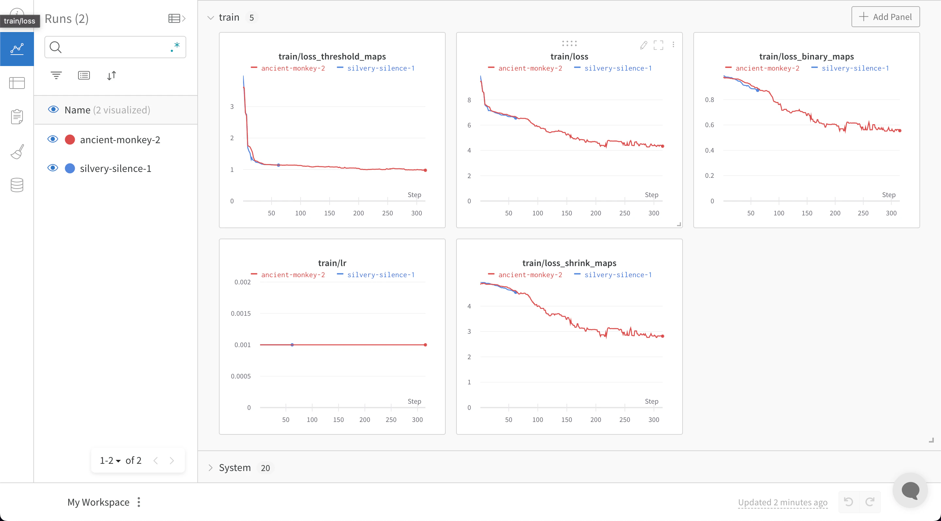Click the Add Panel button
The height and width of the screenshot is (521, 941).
[x=885, y=17]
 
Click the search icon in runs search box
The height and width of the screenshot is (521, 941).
[x=56, y=47]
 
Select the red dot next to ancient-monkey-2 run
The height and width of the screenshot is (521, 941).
[x=70, y=140]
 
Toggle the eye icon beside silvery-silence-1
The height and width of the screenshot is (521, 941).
[x=53, y=168]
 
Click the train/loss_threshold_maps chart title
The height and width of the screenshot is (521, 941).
[x=332, y=56]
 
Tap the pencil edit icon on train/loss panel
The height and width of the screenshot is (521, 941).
[x=644, y=45]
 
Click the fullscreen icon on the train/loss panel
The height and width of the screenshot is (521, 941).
[x=658, y=45]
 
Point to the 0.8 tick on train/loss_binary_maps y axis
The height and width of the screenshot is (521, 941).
[x=709, y=100]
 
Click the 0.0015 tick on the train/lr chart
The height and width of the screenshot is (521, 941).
[x=241, y=313]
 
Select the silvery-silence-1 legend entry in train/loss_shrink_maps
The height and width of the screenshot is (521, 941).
[x=617, y=275]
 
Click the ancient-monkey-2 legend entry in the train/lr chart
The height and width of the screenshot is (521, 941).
[x=293, y=275]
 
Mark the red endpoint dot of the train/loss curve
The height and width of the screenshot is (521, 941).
[x=663, y=146]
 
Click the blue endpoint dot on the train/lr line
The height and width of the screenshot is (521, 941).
[x=292, y=345]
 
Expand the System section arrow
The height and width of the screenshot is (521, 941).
[x=210, y=468]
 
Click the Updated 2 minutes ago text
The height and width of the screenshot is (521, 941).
[x=783, y=502]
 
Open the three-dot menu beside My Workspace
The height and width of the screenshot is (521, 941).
[x=139, y=502]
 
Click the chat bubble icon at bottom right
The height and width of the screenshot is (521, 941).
[x=910, y=490]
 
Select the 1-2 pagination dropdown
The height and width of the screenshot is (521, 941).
[x=110, y=460]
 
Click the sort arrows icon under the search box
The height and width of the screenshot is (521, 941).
[x=111, y=75]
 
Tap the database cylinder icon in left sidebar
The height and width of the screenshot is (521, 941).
[x=17, y=185]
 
